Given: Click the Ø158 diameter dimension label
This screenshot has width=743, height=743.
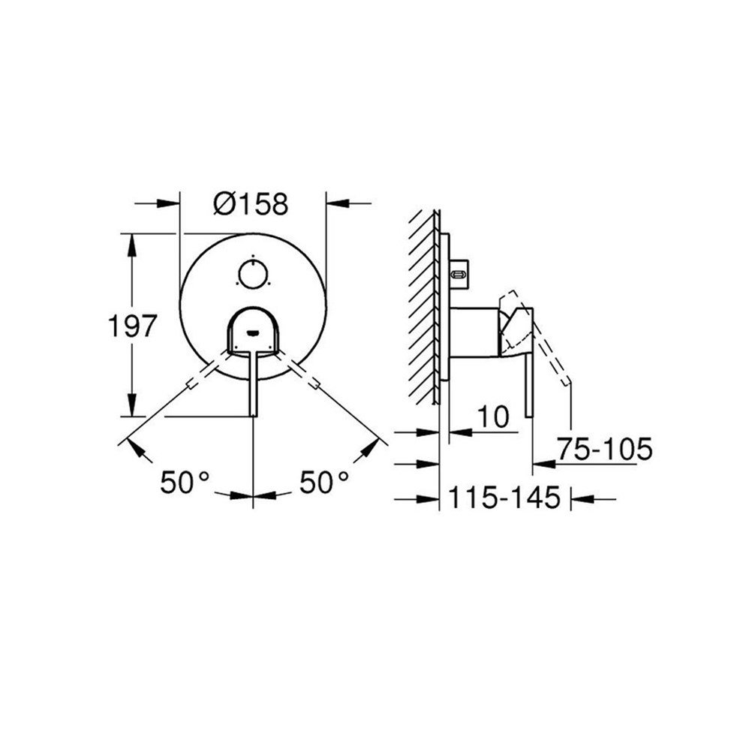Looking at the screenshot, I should coord(251,203).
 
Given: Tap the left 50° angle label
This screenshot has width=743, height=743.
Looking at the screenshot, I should coord(183,482).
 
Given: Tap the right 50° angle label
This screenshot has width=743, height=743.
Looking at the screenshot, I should coord(324,482).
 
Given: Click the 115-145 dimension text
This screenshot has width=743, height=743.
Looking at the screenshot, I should coord(505,497).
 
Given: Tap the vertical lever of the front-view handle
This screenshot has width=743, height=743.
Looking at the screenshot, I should coord(253,383).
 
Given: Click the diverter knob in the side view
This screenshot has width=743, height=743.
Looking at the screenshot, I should coord(459,274).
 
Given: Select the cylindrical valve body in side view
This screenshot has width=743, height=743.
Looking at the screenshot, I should coord(473,330).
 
